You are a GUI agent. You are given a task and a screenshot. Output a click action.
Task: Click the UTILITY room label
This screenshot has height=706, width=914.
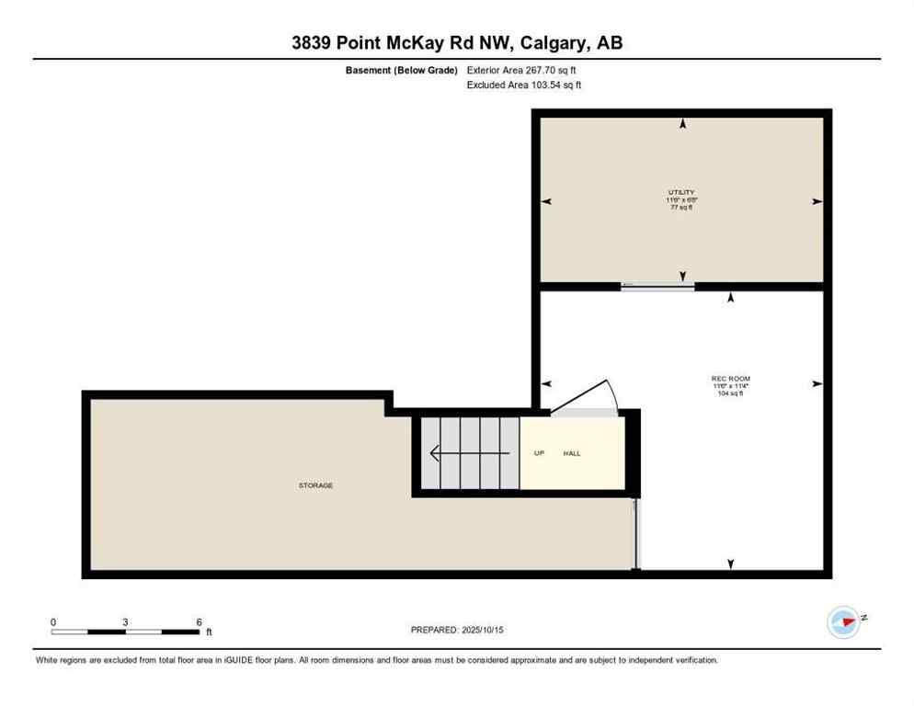[681, 191]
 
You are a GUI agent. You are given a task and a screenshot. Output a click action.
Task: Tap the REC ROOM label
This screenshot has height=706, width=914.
[731, 378]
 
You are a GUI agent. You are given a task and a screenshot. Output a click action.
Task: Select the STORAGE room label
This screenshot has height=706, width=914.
[315, 485]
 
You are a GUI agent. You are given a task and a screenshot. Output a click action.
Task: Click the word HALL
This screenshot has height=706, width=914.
[572, 453]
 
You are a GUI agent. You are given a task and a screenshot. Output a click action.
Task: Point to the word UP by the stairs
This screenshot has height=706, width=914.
[539, 453]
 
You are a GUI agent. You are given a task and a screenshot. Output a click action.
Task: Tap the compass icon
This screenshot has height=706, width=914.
[843, 622]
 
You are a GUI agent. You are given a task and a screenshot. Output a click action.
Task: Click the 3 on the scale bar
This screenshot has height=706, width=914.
[125, 621]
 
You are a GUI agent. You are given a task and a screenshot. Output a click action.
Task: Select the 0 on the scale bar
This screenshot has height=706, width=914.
[53, 621]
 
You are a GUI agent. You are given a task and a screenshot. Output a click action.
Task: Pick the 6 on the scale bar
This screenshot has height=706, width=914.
[199, 621]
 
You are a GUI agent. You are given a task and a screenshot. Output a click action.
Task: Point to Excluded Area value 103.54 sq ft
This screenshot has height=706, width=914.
[554, 85]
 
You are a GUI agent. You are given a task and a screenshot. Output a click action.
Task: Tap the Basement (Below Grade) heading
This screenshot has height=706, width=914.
[401, 70]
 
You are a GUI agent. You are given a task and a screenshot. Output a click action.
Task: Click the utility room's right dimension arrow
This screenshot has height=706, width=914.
[817, 201]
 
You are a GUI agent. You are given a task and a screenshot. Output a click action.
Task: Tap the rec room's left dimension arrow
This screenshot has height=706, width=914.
[546, 383]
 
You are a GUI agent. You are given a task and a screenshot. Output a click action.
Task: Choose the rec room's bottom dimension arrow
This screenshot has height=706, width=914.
[731, 564]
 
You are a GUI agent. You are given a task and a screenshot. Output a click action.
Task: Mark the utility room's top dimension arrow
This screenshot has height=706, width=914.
[682, 123]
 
